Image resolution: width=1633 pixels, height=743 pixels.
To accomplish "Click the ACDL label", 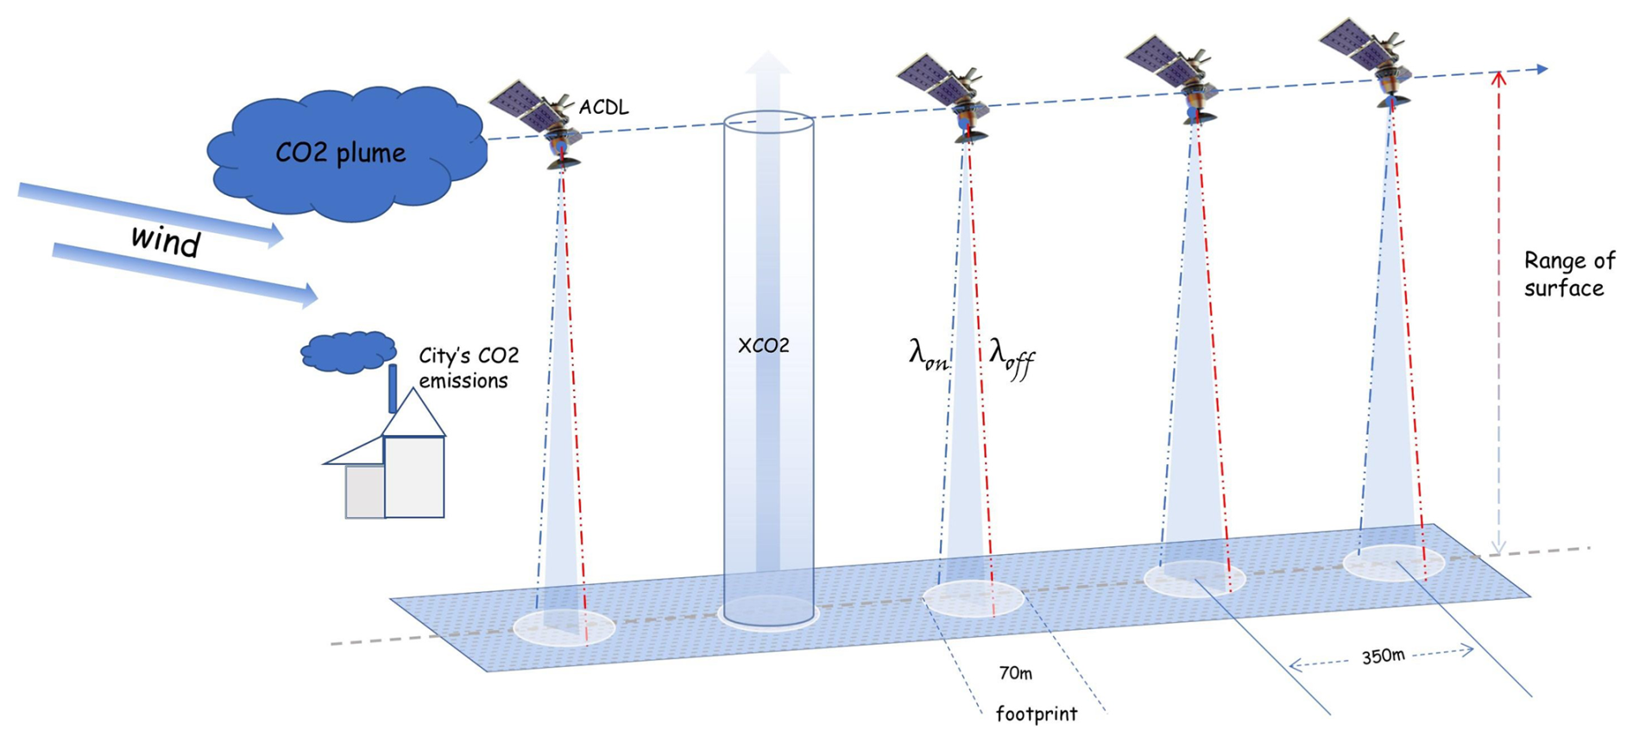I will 603,108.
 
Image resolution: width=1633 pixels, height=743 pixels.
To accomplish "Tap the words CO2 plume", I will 340,154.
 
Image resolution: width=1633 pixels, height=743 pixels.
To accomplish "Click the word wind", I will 165,241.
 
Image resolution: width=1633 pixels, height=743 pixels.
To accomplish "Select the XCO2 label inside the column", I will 763,346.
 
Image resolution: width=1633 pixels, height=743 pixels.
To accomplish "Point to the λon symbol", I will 928,355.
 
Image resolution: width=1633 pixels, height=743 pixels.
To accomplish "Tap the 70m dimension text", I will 1015,672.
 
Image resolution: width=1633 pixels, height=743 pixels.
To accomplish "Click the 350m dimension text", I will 1383,657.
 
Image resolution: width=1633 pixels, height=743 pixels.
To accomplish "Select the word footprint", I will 1036,715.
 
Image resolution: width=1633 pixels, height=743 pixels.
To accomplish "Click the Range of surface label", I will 1568,274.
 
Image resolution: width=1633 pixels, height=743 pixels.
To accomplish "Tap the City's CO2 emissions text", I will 469,368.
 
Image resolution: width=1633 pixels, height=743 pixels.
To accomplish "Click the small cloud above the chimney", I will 349,351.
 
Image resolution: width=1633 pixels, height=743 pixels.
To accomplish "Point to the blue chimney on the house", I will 393,388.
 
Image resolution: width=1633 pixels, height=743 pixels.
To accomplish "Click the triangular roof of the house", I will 414,415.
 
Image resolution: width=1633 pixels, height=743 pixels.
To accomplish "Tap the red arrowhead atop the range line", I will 1498,79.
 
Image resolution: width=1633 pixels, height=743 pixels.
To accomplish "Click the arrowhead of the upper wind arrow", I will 275,234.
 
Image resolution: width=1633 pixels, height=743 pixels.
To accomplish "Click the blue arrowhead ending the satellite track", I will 1542,69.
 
